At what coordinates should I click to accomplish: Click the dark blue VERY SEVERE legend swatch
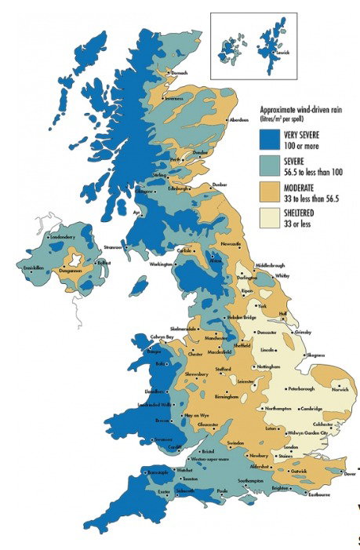point(270,139)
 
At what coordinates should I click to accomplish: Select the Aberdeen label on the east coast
point(240,120)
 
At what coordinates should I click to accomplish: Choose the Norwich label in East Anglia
point(340,389)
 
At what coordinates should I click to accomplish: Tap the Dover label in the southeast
point(349,473)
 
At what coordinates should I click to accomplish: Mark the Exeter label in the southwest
point(163,491)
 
